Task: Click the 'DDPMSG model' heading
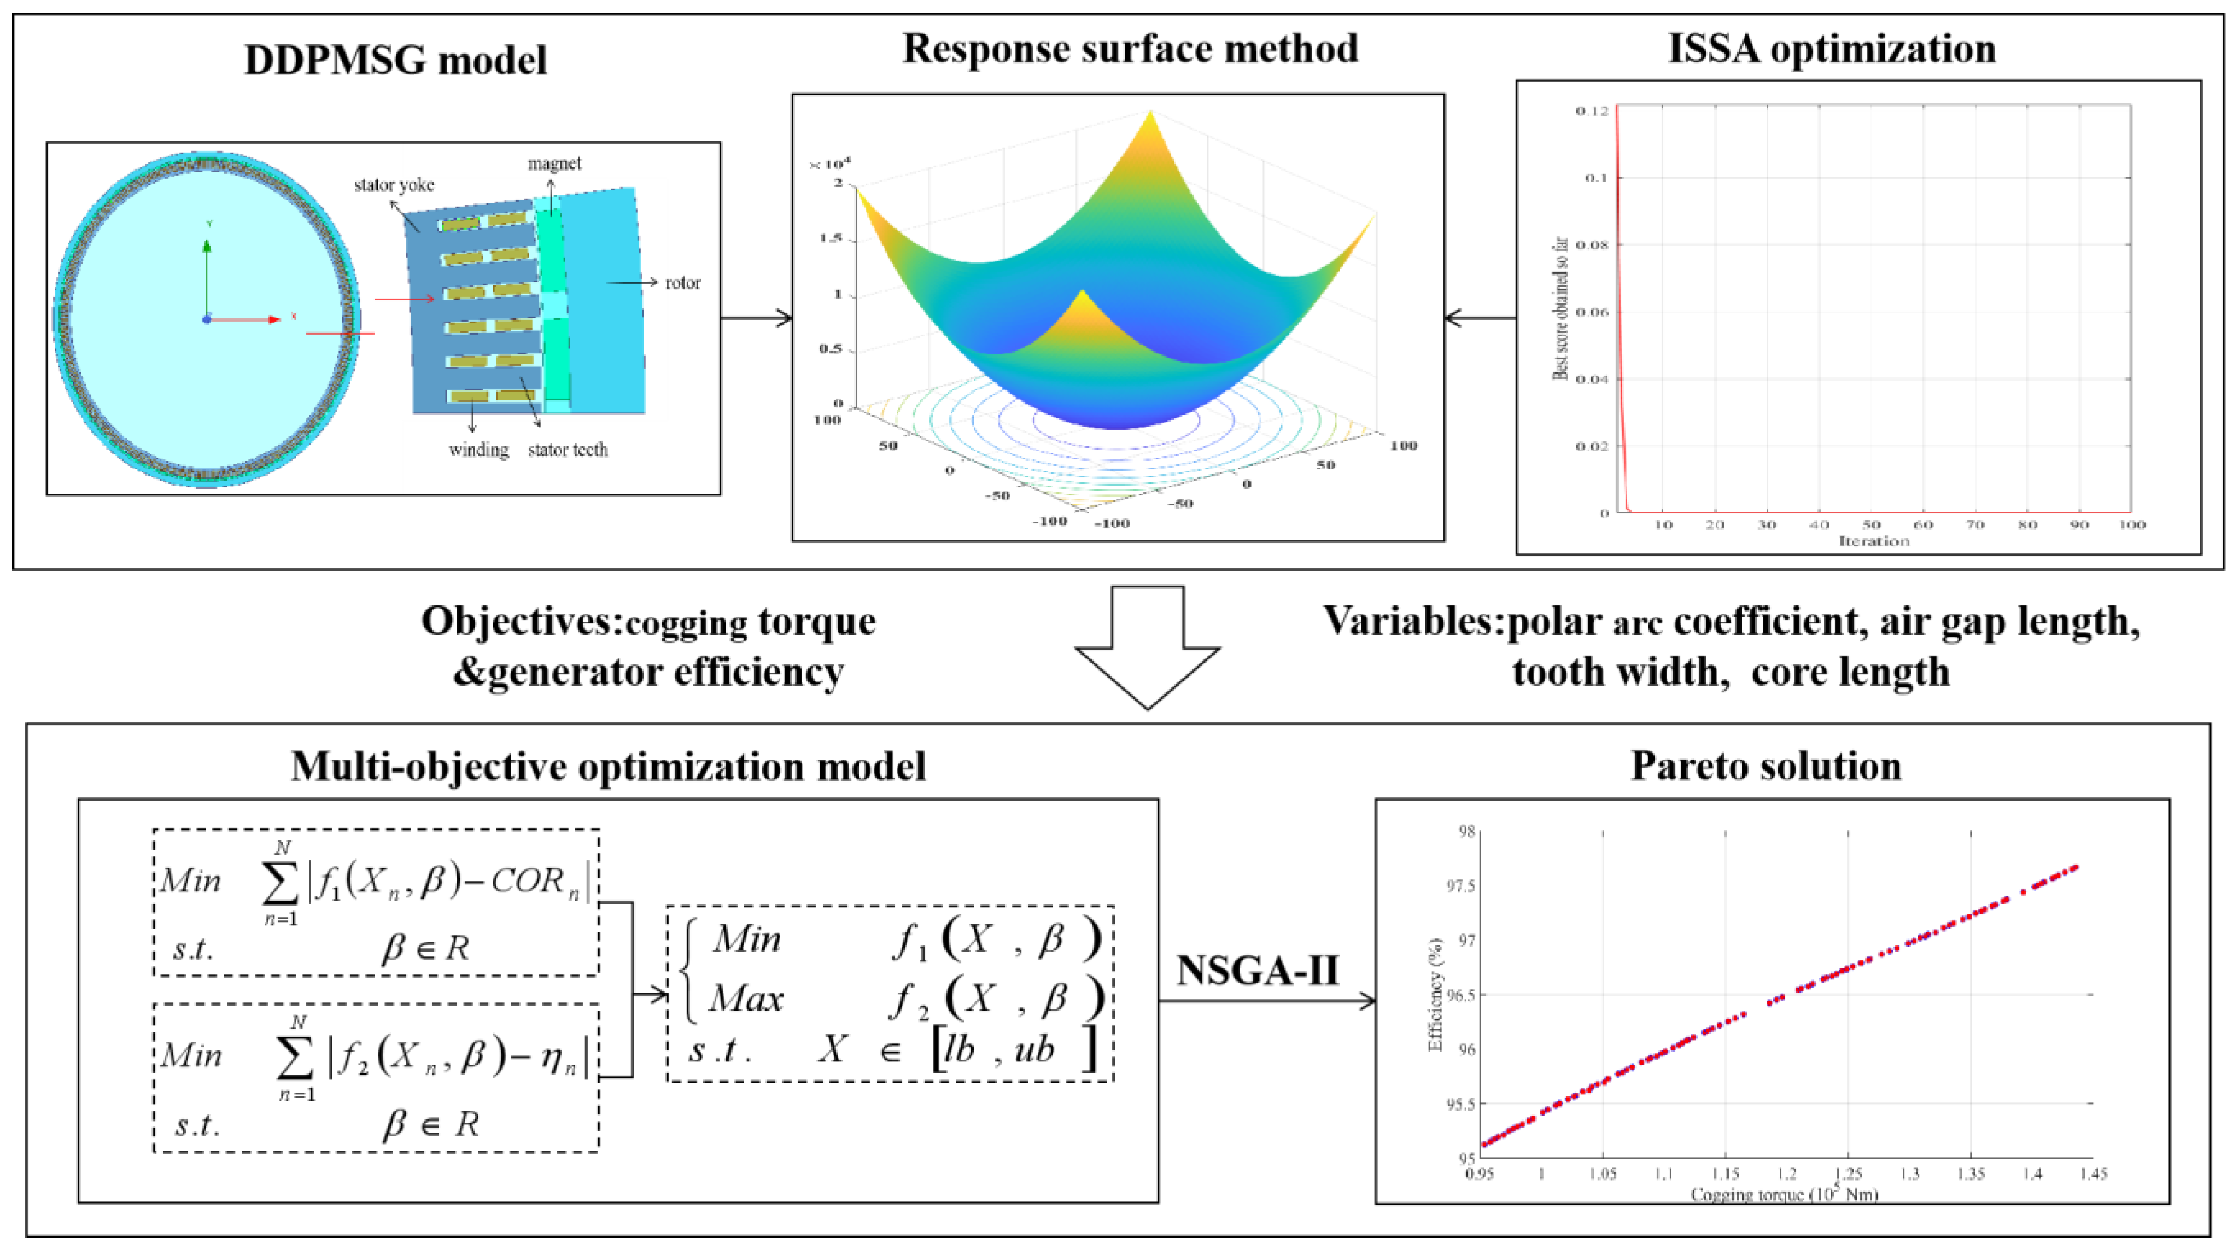point(395,60)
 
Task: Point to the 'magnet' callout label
point(554,164)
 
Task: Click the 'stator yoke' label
point(394,185)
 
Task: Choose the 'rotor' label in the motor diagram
point(682,283)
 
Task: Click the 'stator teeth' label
point(568,450)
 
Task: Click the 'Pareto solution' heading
point(1766,766)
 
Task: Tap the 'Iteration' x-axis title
point(1873,541)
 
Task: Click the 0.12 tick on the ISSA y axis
point(1592,110)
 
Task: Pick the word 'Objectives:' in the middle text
point(522,621)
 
